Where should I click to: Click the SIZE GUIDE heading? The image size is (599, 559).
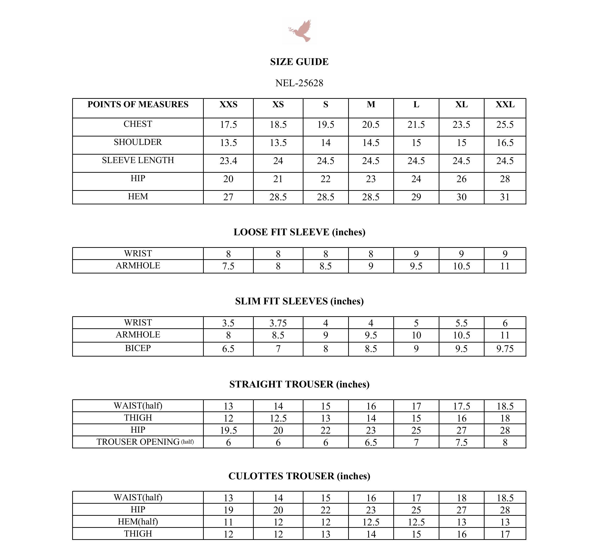coord(299,62)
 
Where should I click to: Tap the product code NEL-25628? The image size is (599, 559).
coord(299,83)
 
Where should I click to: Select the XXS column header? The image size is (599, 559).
coord(228,105)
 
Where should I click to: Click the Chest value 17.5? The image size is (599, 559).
coord(228,124)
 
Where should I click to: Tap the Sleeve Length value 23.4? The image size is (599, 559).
coord(228,161)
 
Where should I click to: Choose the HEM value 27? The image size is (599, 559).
coord(228,197)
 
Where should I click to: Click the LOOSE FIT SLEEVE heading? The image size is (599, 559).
coord(299,232)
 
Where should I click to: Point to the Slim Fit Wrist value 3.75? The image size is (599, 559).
coord(278,323)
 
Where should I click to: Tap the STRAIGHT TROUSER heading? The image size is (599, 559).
coord(299,384)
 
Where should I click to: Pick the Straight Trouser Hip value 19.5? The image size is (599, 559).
coord(228,430)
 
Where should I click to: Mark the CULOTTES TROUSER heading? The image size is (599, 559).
coord(299,476)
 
